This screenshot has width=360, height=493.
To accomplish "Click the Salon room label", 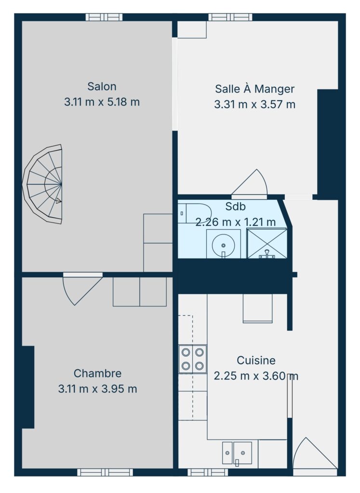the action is (x=102, y=86).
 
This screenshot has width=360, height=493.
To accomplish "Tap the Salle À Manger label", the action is (x=254, y=89).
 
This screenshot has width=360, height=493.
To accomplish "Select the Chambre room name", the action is (x=97, y=373).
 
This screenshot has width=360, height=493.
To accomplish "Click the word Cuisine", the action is (x=256, y=360).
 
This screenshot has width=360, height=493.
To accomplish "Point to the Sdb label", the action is (x=235, y=207).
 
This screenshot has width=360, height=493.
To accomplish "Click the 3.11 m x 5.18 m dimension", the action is (x=102, y=102).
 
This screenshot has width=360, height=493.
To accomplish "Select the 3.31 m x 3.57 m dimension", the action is (x=255, y=104).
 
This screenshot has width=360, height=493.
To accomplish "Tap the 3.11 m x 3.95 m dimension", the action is (x=97, y=389).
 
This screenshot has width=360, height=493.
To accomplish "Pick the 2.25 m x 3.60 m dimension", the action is (x=256, y=376).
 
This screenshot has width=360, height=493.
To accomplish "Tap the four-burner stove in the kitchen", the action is (x=193, y=359).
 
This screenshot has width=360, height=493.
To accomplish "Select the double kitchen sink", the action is (x=237, y=453).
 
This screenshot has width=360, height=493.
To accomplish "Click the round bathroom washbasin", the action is (x=223, y=245).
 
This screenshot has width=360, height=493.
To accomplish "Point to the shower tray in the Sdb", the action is (x=267, y=244).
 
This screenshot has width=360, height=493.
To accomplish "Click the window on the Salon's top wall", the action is (x=104, y=17).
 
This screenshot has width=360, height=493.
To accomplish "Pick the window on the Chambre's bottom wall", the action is (x=105, y=472).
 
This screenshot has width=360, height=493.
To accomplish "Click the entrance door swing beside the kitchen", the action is (x=315, y=455).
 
